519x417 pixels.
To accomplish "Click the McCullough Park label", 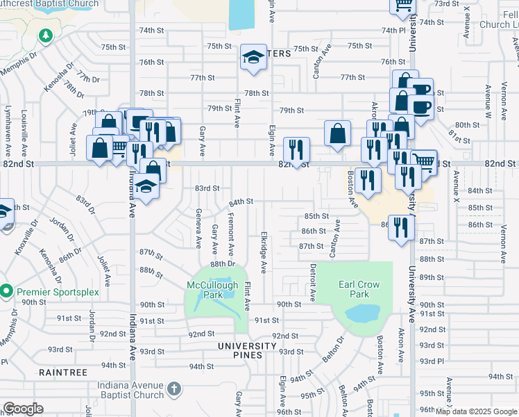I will coord(212,290).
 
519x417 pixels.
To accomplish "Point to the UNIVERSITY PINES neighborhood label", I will coord(246,346).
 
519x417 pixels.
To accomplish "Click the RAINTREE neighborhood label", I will coord(63,373).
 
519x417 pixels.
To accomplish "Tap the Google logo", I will coord(24,409).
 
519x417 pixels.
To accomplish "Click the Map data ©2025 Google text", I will coord(476,411).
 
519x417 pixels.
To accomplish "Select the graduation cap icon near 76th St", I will coord(254,58).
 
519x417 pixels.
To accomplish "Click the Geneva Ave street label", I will coord(198,229).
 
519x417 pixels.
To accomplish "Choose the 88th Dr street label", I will coord(223,264).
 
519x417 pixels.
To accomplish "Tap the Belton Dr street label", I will coord(332,351).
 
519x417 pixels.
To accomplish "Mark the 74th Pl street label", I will coord(393,31).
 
